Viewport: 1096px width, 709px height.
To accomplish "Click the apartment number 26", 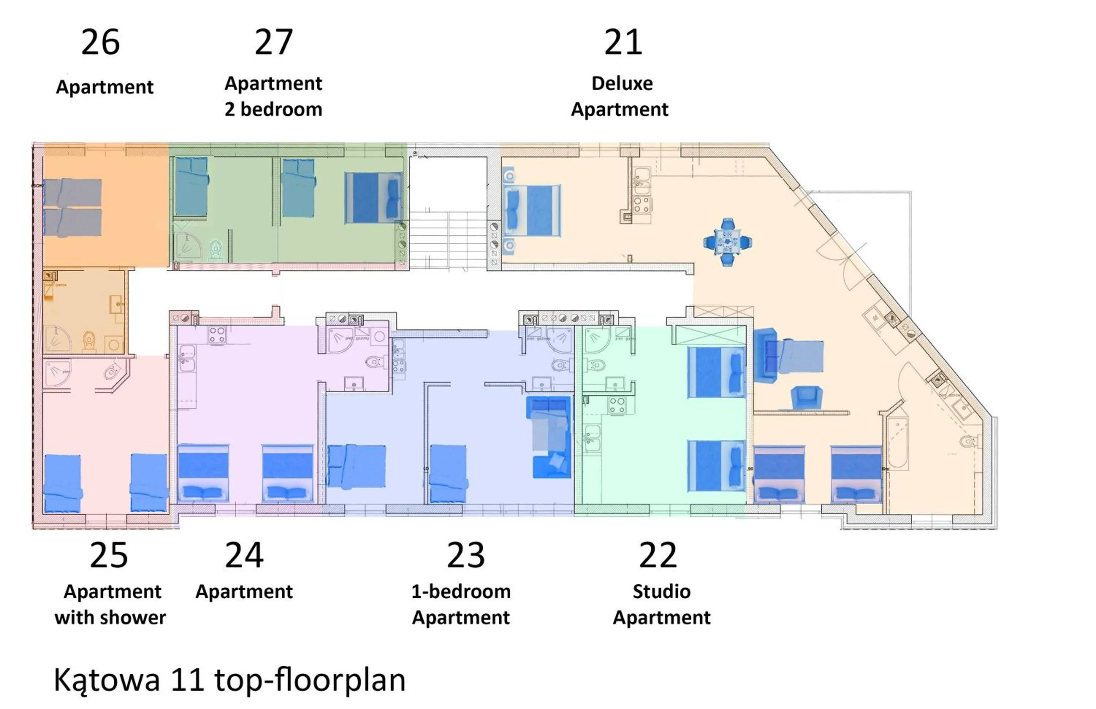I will [x=100, y=42].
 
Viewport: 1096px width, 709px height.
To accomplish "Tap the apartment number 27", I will [x=274, y=42].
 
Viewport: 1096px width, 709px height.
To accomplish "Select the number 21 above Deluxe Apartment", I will [x=623, y=42].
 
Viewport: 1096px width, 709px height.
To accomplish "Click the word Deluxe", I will [x=622, y=83].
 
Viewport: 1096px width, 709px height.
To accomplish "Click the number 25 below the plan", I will [x=109, y=555].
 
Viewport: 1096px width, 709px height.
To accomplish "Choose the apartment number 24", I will [x=244, y=555].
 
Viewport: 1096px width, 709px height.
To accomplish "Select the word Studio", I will [x=661, y=592].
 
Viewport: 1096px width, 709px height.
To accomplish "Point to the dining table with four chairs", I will [x=728, y=242].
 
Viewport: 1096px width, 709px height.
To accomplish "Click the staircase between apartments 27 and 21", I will [x=448, y=239].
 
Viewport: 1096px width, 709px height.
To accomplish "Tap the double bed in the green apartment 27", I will [x=373, y=198].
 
